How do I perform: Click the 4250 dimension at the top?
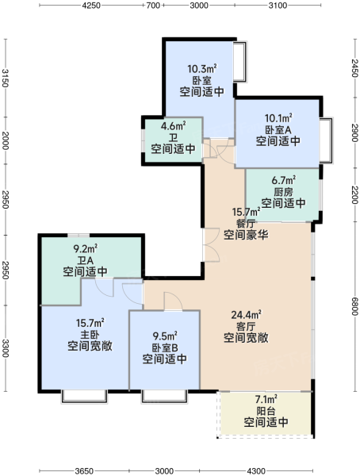[91, 6]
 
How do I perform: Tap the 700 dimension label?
[153, 6]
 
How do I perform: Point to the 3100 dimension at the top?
[278, 6]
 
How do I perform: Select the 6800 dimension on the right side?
[354, 306]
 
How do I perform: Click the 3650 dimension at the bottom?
[84, 470]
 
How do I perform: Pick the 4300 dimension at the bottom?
[256, 470]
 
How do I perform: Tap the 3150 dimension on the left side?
[6, 78]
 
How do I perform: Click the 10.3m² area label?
[202, 68]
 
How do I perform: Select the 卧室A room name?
[278, 130]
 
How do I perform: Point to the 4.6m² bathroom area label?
[173, 125]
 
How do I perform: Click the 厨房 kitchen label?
[283, 192]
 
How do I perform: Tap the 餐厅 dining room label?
[246, 224]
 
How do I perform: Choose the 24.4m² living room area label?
[246, 315]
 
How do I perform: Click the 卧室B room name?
[164, 348]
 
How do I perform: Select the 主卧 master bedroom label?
[90, 335]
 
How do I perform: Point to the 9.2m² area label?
[86, 249]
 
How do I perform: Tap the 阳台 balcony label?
[266, 411]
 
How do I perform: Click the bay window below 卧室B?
[164, 397]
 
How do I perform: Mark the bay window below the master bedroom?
[84, 397]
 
